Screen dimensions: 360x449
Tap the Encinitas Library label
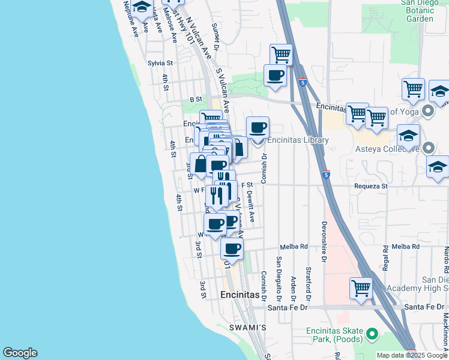(x=298, y=140)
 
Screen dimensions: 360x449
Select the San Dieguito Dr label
(x=279, y=279)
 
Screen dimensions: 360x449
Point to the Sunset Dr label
(x=216, y=36)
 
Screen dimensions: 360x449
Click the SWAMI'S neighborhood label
(x=247, y=328)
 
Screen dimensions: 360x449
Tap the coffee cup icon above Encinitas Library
(x=258, y=127)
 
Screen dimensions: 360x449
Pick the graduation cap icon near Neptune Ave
(x=142, y=7)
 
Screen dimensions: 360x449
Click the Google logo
(x=20, y=353)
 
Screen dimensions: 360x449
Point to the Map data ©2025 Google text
(x=412, y=355)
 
